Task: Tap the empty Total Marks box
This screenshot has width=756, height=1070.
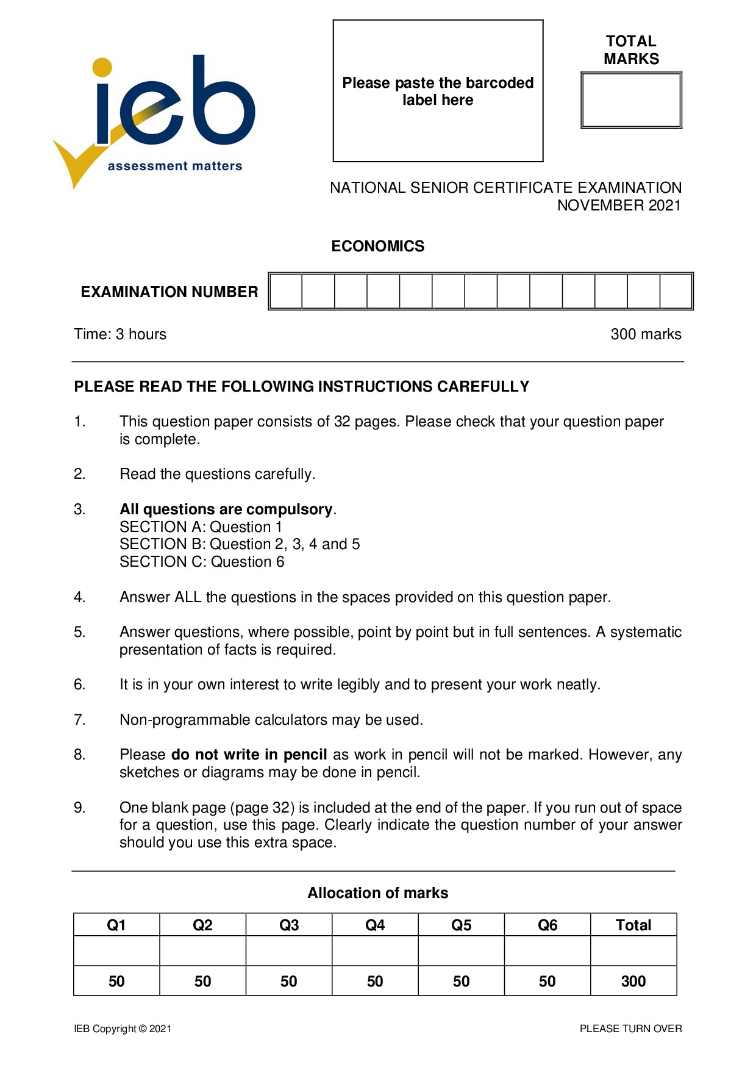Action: [631, 100]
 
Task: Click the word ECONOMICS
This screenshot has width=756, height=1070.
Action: [377, 246]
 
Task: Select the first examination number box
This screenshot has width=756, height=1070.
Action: [286, 291]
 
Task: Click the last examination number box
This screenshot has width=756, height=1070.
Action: [676, 291]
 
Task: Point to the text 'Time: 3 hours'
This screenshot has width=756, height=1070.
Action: [120, 334]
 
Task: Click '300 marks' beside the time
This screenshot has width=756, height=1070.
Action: [646, 334]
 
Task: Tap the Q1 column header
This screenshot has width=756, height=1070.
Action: [116, 925]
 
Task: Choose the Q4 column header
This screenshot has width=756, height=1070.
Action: [375, 925]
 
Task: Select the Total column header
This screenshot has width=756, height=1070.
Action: [633, 925]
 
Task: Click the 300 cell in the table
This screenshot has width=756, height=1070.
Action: [633, 981]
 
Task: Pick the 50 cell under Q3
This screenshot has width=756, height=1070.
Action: [289, 981]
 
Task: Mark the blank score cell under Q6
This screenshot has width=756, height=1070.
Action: [547, 951]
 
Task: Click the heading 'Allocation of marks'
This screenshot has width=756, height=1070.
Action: [377, 893]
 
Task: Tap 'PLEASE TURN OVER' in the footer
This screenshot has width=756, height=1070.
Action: [630, 1029]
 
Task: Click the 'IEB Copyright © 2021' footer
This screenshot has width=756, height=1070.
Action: [123, 1029]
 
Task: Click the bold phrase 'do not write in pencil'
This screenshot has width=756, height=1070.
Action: [249, 755]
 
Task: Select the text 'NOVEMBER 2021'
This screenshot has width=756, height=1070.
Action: [619, 206]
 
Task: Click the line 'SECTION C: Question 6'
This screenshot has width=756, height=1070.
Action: [202, 562]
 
